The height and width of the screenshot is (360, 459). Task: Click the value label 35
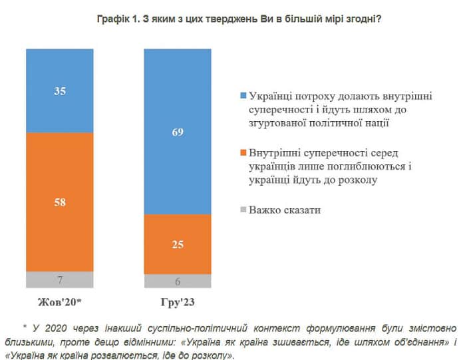(x=59, y=92)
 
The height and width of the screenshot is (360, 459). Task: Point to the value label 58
(x=59, y=202)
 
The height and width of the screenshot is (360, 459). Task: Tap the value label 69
(x=177, y=132)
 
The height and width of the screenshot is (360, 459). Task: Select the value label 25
(x=177, y=245)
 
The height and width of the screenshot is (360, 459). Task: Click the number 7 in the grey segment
(x=59, y=279)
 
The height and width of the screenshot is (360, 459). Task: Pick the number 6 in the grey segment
(x=177, y=281)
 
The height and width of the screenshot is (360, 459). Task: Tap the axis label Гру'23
(x=177, y=302)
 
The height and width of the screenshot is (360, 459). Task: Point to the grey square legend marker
(x=243, y=211)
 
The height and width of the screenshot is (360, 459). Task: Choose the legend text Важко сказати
(x=285, y=210)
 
